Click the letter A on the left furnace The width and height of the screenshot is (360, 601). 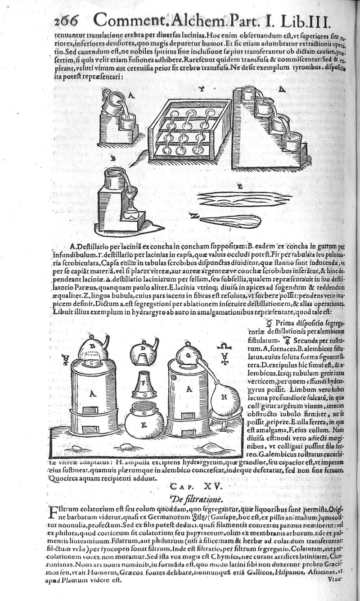tap(93, 393)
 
